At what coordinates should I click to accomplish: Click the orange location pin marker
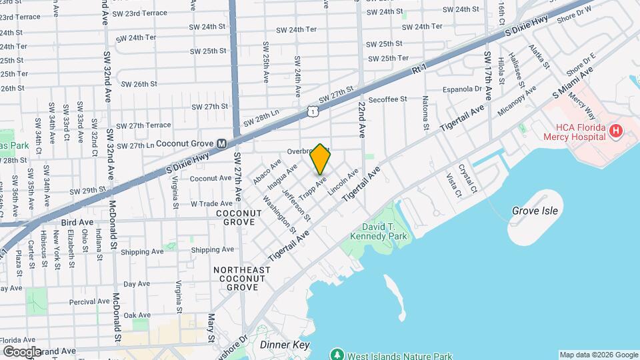point(321,159)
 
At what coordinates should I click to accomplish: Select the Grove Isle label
point(535,211)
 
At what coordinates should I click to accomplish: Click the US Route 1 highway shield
point(312,113)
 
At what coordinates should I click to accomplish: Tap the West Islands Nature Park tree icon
point(337,353)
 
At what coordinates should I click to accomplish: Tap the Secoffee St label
point(387,99)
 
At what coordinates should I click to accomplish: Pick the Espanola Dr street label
point(462,89)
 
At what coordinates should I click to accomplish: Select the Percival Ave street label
point(89,301)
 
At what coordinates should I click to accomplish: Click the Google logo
point(22,351)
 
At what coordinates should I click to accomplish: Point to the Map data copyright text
point(598,355)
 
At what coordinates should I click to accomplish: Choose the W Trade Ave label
point(211,203)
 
